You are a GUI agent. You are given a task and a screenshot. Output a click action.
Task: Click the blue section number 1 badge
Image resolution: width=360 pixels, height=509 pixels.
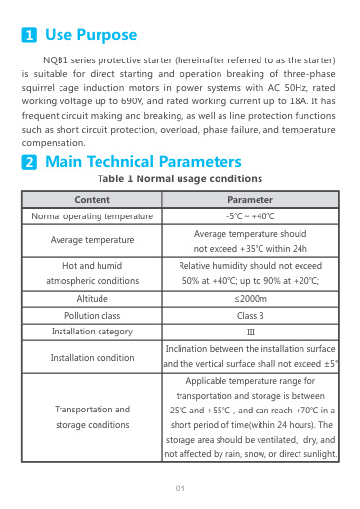30,36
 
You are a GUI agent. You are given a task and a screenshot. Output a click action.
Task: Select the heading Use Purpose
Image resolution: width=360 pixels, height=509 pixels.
91,35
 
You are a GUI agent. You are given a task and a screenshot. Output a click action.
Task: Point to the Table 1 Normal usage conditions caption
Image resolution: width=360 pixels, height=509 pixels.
180,179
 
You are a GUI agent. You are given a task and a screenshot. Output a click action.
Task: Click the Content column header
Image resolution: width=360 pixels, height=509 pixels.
92,199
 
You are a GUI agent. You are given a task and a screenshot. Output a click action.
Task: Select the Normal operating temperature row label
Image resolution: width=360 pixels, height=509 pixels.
92,216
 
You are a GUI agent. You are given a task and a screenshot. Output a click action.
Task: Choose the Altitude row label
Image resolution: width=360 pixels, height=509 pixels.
92,298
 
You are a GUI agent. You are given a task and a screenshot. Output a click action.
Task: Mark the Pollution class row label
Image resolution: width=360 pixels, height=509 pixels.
92,316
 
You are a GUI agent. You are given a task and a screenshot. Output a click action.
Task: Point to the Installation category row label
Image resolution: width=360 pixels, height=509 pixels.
92,333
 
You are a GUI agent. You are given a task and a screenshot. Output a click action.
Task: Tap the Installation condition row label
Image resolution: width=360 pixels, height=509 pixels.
92,357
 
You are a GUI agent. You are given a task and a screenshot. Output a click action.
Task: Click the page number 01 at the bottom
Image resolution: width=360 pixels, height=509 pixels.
180,488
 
